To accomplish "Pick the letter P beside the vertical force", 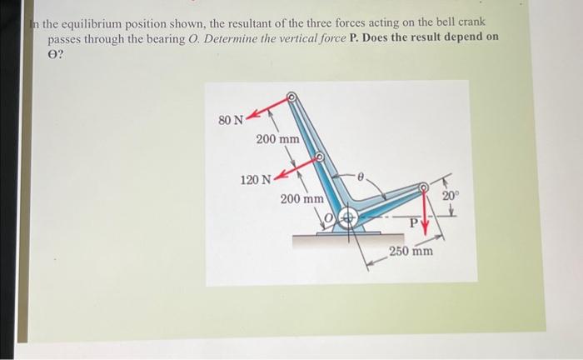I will pyautogui.click(x=413, y=222).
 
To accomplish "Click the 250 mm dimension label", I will pyautogui.click(x=411, y=250).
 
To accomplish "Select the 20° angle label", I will pyautogui.click(x=450, y=195).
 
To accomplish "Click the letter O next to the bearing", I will pyautogui.click(x=329, y=219).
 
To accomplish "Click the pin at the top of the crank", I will pyautogui.click(x=291, y=97).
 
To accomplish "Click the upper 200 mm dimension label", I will pyautogui.click(x=278, y=138).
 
